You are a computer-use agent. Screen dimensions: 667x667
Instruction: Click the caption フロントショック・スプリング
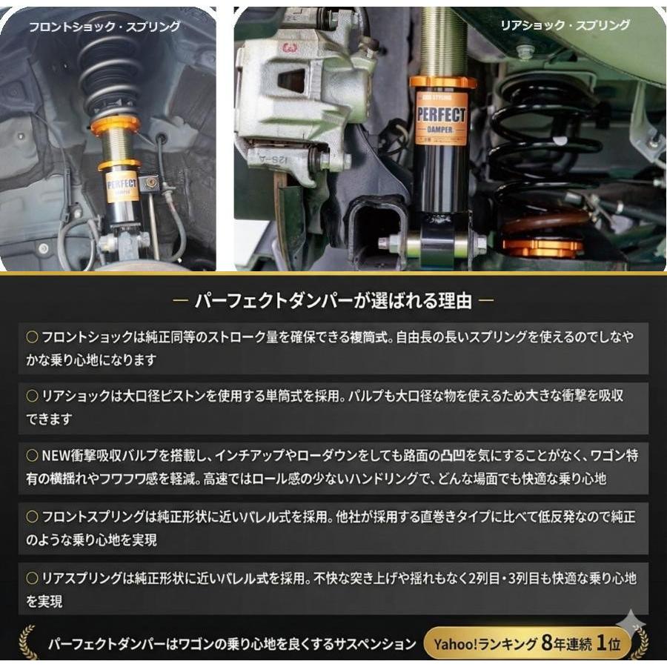(104, 27)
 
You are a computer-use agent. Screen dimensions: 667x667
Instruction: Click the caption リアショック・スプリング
(565, 25)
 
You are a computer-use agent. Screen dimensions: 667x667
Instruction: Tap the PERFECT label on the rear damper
(440, 117)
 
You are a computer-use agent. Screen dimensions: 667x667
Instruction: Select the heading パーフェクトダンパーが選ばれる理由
(332, 300)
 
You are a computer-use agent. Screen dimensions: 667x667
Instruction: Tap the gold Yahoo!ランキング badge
(527, 643)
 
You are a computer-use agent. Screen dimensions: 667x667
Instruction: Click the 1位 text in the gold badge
(611, 643)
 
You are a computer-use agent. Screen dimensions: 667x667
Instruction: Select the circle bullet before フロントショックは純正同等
(32, 337)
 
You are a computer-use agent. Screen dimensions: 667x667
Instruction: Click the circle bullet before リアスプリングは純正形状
(32, 577)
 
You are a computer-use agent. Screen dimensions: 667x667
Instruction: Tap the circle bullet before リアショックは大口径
(32, 396)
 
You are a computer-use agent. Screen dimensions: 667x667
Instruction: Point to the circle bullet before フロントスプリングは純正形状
(32, 517)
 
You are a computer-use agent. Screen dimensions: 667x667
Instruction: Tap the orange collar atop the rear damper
(442, 82)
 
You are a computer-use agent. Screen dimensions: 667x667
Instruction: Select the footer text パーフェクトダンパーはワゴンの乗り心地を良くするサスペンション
(232, 643)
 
